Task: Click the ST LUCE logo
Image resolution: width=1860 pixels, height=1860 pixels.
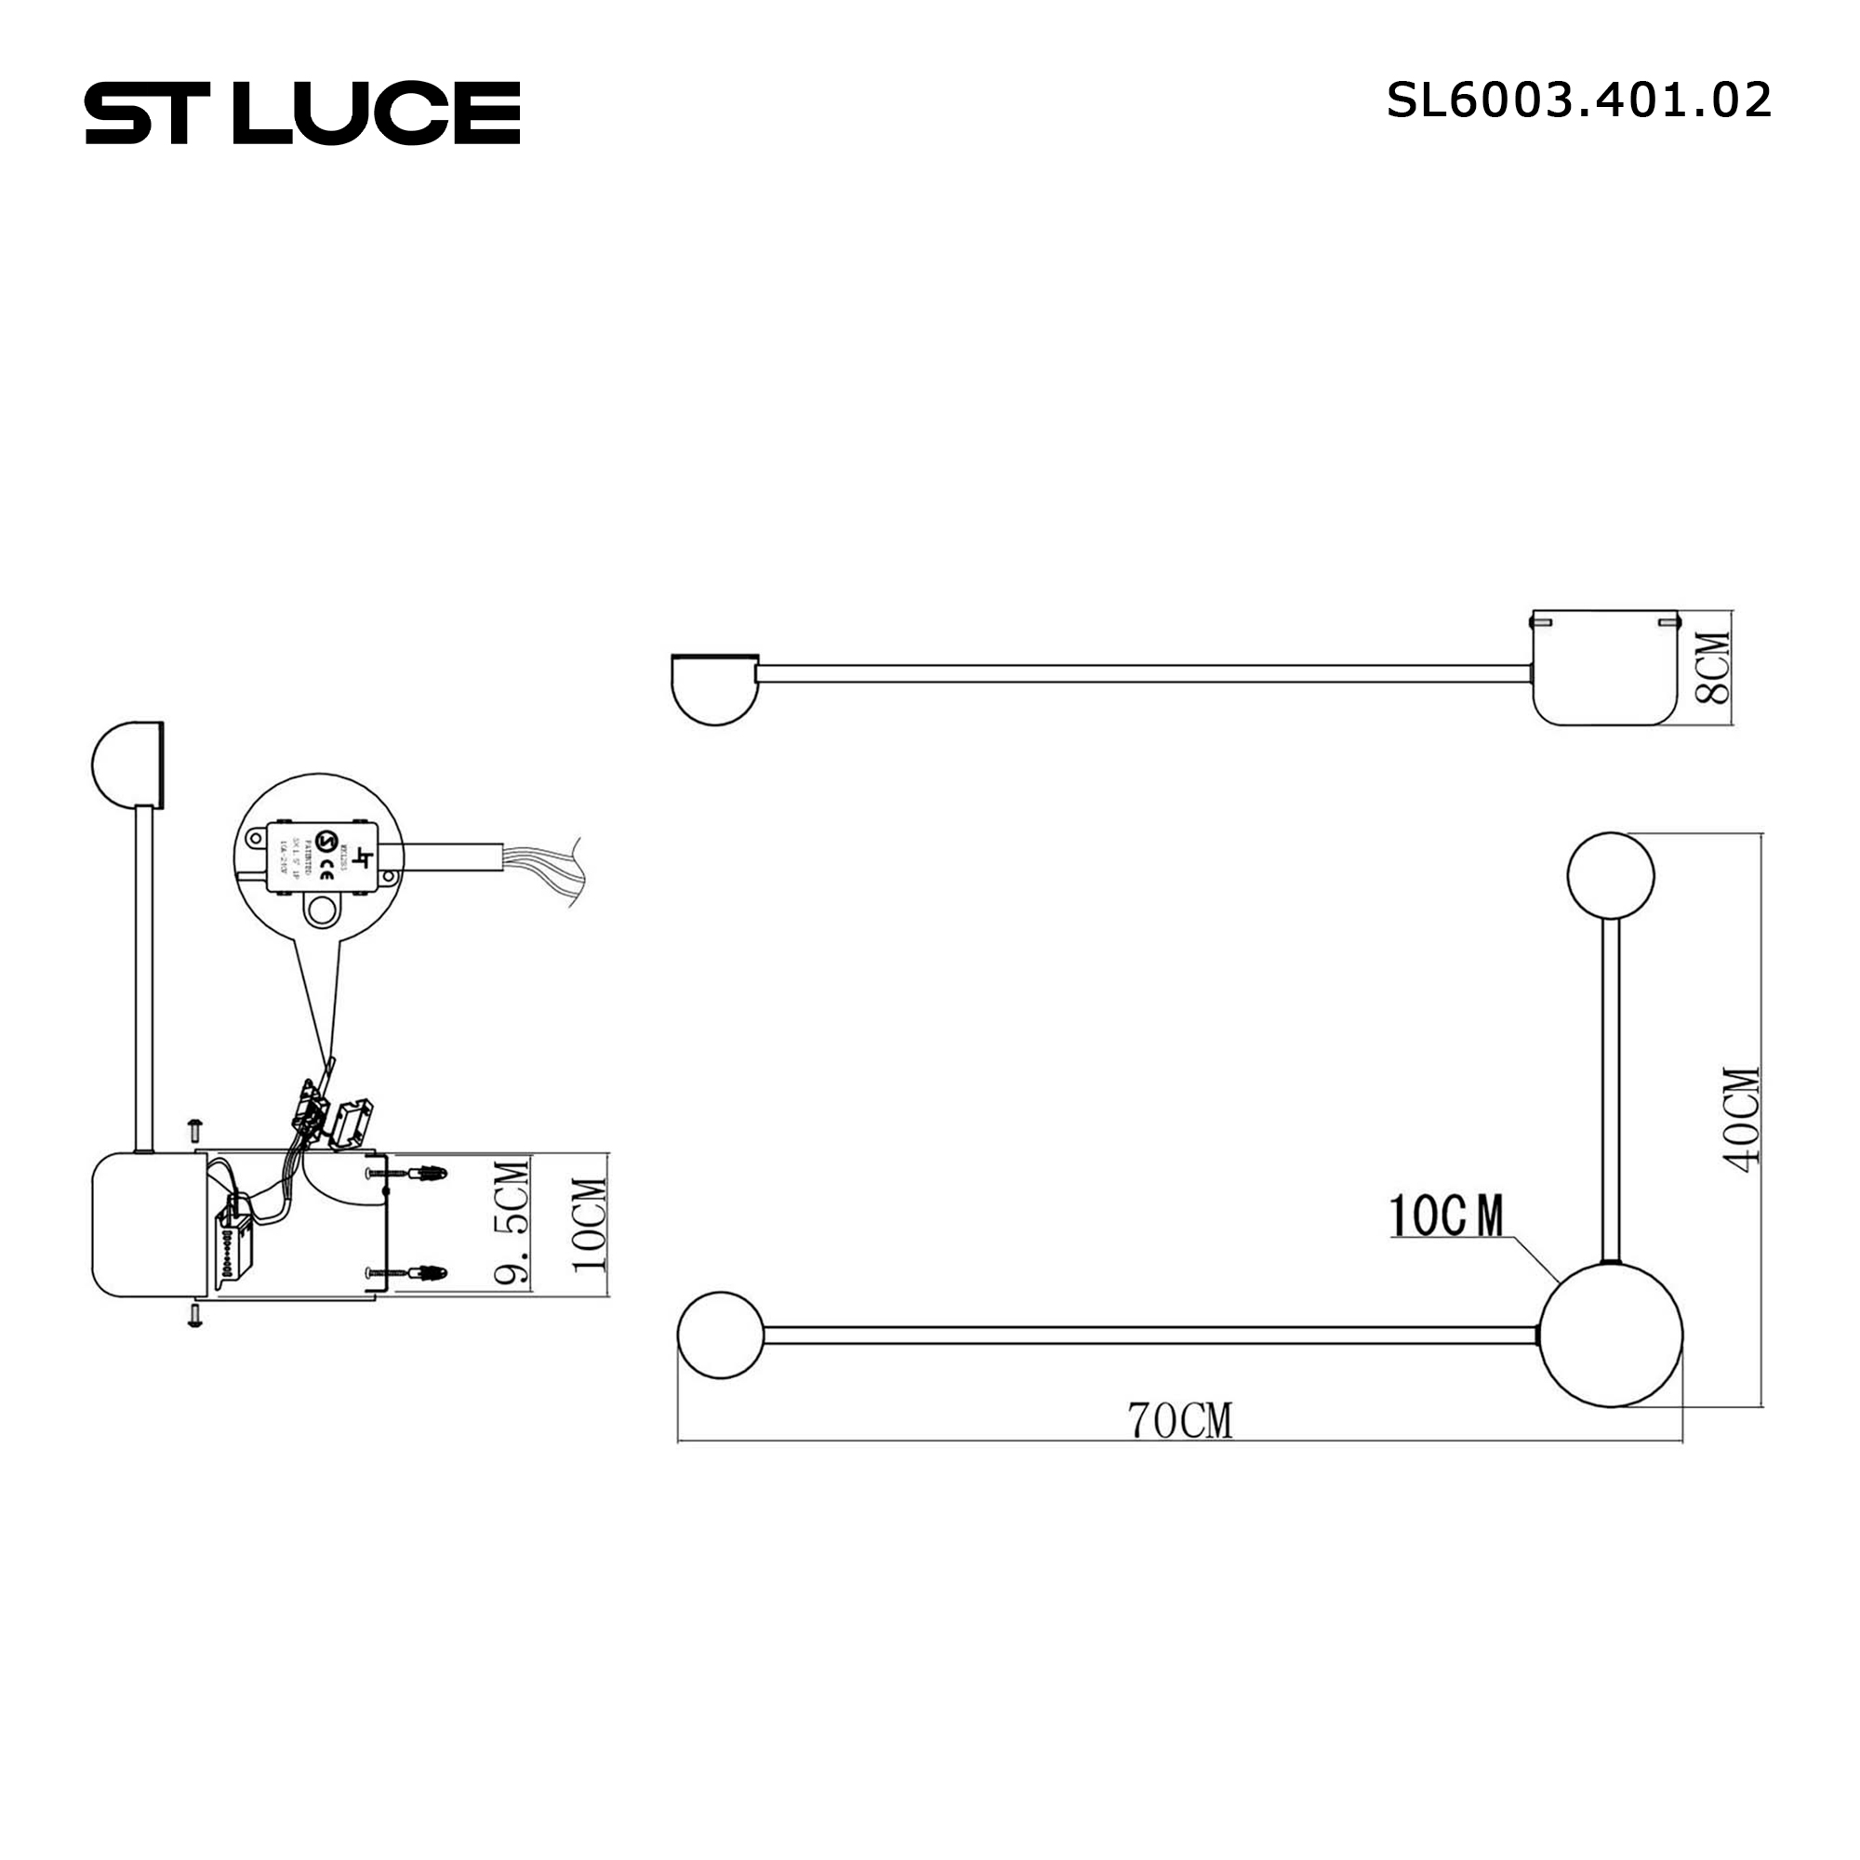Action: (x=302, y=113)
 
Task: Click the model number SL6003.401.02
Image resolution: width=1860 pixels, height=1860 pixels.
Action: (x=1578, y=100)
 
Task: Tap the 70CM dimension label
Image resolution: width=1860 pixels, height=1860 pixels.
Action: (x=1179, y=1421)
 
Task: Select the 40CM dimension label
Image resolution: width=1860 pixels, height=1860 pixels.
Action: (x=1742, y=1120)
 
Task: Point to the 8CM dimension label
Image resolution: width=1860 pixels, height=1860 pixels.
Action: (x=1713, y=667)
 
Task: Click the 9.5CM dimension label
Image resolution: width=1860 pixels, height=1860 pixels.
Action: (x=511, y=1224)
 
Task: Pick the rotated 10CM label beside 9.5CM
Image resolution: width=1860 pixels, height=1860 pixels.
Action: (x=590, y=1225)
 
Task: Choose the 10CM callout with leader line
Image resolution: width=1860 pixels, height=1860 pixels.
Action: (x=1446, y=1216)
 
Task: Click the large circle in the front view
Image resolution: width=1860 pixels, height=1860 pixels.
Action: (x=1611, y=1336)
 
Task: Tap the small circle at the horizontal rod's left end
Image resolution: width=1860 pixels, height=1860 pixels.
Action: (x=720, y=1335)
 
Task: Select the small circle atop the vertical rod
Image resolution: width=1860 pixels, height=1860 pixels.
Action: (x=1610, y=876)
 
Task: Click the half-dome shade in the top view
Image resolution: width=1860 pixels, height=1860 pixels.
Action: (x=714, y=687)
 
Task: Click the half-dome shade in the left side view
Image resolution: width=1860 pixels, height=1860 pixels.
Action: (x=127, y=765)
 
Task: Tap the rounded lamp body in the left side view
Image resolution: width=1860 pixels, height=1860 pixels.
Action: (x=149, y=1225)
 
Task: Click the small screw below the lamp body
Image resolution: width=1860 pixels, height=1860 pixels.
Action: (x=195, y=1315)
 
